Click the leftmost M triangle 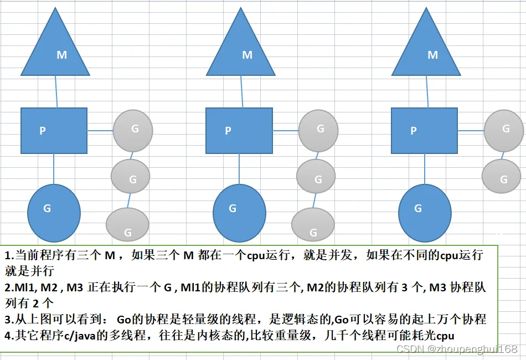(x=55, y=50)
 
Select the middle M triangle (x=240, y=50)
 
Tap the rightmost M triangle (x=426, y=50)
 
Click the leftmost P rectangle (x=54, y=131)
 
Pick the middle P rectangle (x=239, y=131)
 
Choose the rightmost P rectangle (x=424, y=131)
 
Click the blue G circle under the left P (x=54, y=213)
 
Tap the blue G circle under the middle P (x=239, y=213)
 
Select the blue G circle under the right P (x=425, y=213)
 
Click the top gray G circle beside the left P (x=133, y=131)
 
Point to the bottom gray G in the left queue (x=127, y=224)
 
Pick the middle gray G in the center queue (x=316, y=176)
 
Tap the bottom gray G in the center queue (x=313, y=224)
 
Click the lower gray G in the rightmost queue (x=502, y=176)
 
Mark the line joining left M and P (x=56, y=91)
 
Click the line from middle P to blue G (x=239, y=169)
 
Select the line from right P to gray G (x=471, y=131)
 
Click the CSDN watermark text (x=457, y=349)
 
